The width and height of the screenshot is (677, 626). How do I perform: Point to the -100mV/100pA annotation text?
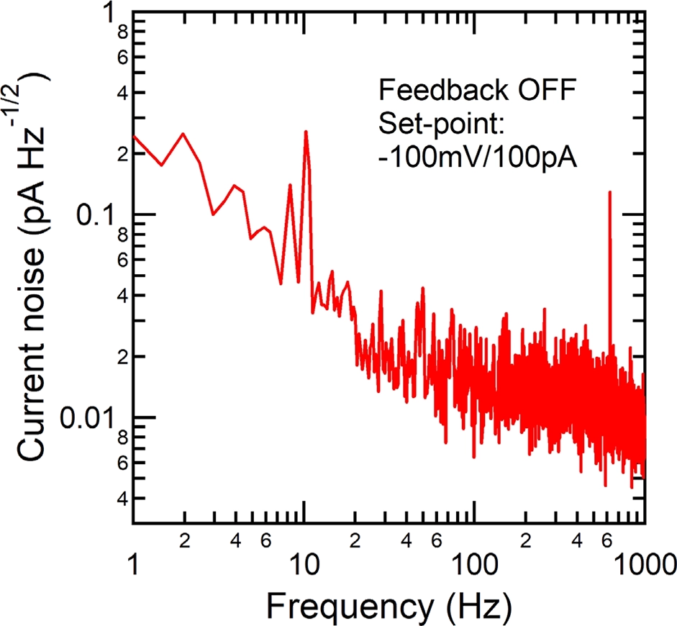(478, 156)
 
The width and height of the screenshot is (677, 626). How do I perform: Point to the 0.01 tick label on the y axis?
(86, 418)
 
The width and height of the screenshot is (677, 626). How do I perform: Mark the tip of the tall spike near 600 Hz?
(610, 192)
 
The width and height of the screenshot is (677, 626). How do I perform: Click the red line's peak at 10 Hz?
(306, 132)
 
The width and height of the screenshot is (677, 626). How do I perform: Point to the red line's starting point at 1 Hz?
(136, 136)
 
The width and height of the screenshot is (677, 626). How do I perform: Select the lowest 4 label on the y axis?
(122, 498)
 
